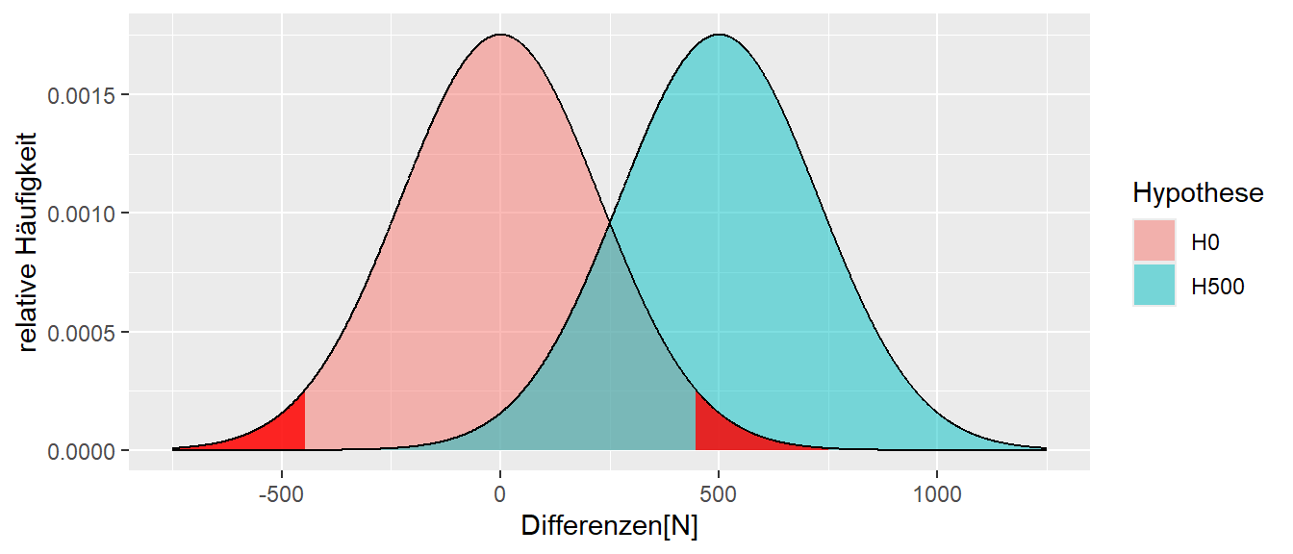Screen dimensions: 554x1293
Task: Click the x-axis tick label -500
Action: tap(281, 495)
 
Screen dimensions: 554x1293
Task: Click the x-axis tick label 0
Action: tap(499, 495)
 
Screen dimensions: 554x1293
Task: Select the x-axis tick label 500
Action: tap(718, 495)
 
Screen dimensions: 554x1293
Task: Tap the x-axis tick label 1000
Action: tap(937, 495)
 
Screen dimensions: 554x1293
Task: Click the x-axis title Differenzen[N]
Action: tap(609, 526)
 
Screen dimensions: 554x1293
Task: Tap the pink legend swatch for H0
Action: tap(1154, 241)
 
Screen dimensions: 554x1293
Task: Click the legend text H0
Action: tap(1205, 242)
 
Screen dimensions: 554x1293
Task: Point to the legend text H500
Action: tap(1218, 286)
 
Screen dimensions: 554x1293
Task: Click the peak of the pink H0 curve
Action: tap(499, 36)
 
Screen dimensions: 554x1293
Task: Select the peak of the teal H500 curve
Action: tap(718, 36)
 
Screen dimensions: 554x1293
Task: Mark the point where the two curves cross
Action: tap(609, 224)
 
